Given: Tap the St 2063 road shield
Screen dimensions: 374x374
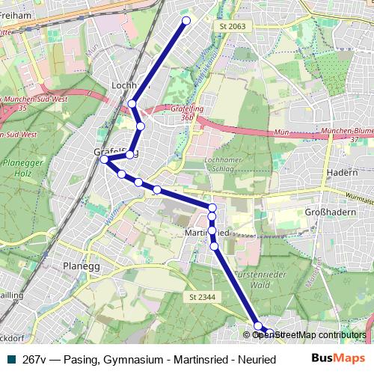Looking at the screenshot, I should tap(233, 26).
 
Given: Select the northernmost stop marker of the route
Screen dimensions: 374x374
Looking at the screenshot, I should tap(186, 20).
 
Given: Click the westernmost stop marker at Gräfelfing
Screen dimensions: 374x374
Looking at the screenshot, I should tap(105, 159).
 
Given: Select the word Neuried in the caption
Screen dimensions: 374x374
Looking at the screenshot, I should tap(257, 359).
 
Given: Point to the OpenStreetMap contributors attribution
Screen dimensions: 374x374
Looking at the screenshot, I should tap(309, 335).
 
